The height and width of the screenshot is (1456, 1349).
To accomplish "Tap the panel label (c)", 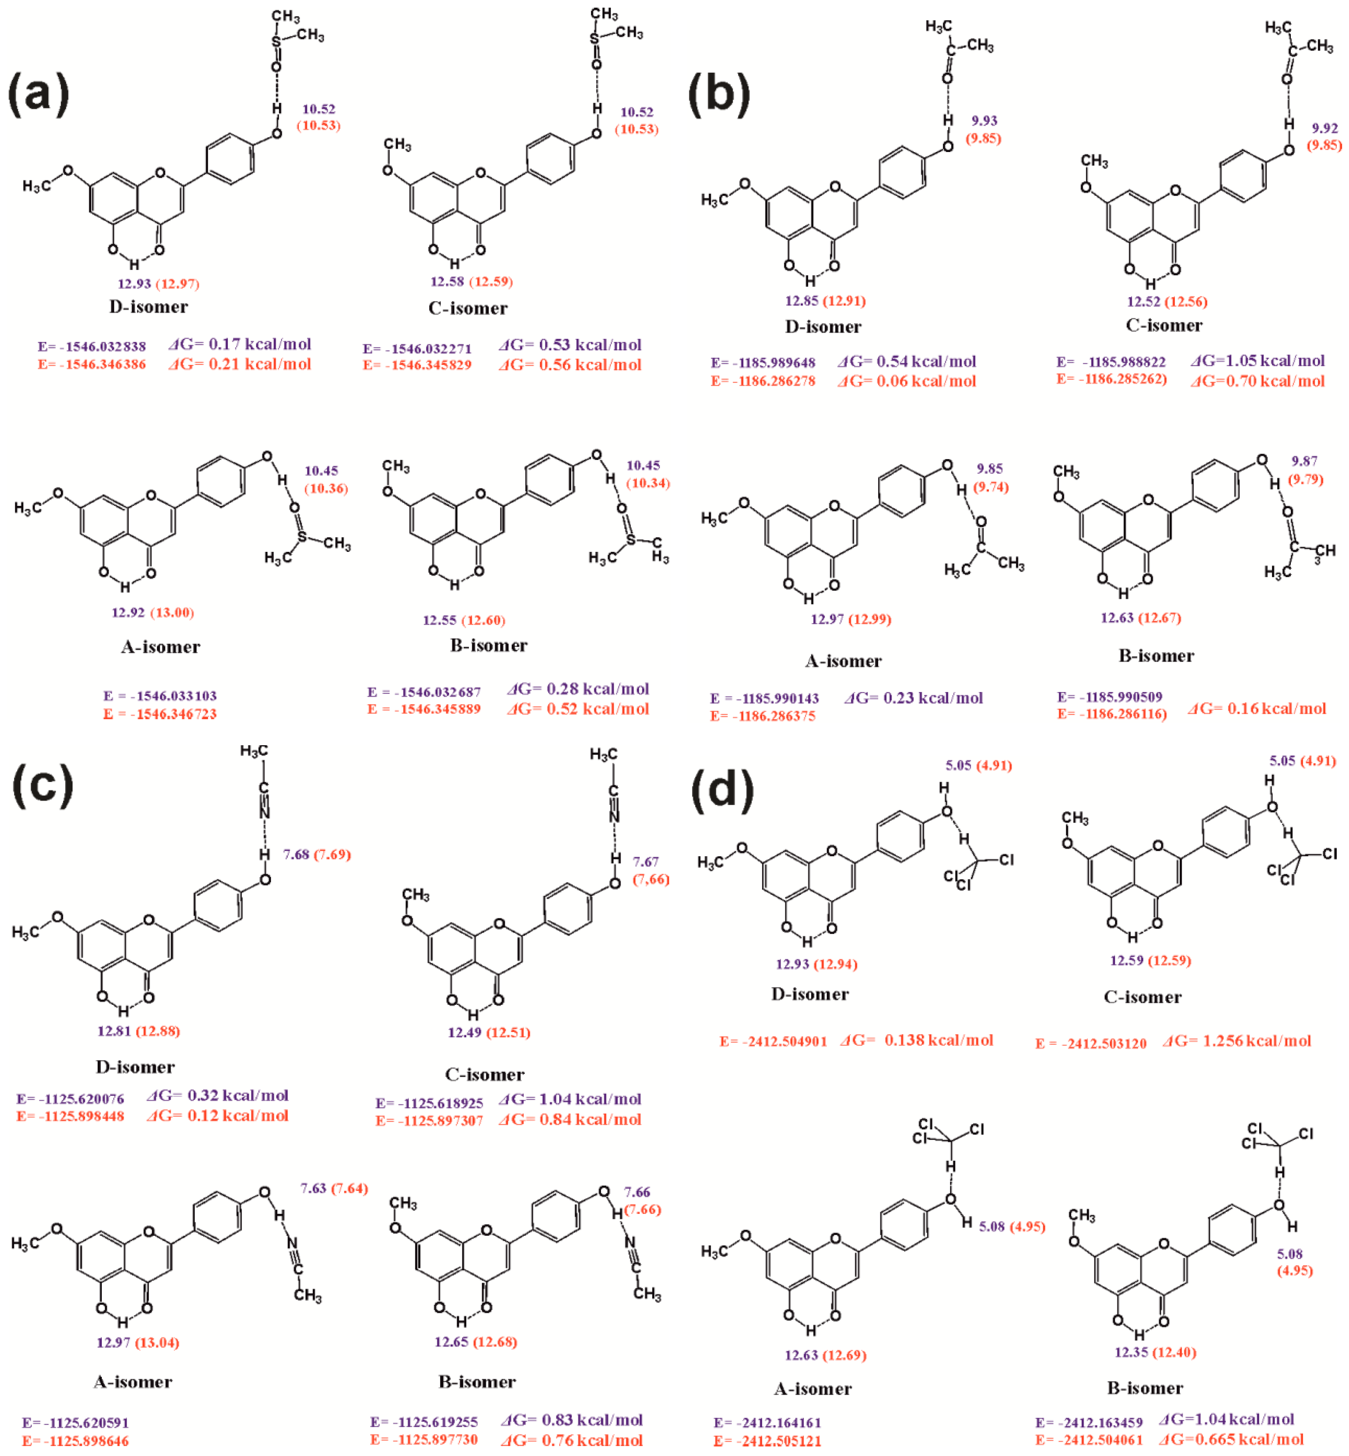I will coord(43,785).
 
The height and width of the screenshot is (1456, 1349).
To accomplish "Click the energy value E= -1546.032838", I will coord(92,346).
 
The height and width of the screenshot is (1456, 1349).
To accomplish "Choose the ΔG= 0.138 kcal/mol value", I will coord(917,1040).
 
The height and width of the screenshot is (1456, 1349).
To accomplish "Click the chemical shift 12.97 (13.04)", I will coord(138,1342).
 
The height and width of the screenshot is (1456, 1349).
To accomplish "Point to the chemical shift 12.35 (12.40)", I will coord(1155,1352).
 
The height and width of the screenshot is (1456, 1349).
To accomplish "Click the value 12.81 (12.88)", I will coord(139,1031).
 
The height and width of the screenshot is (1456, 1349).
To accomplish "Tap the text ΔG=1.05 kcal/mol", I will coord(1258,361).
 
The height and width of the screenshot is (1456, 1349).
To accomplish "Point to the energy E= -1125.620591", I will coord(75,1422).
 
